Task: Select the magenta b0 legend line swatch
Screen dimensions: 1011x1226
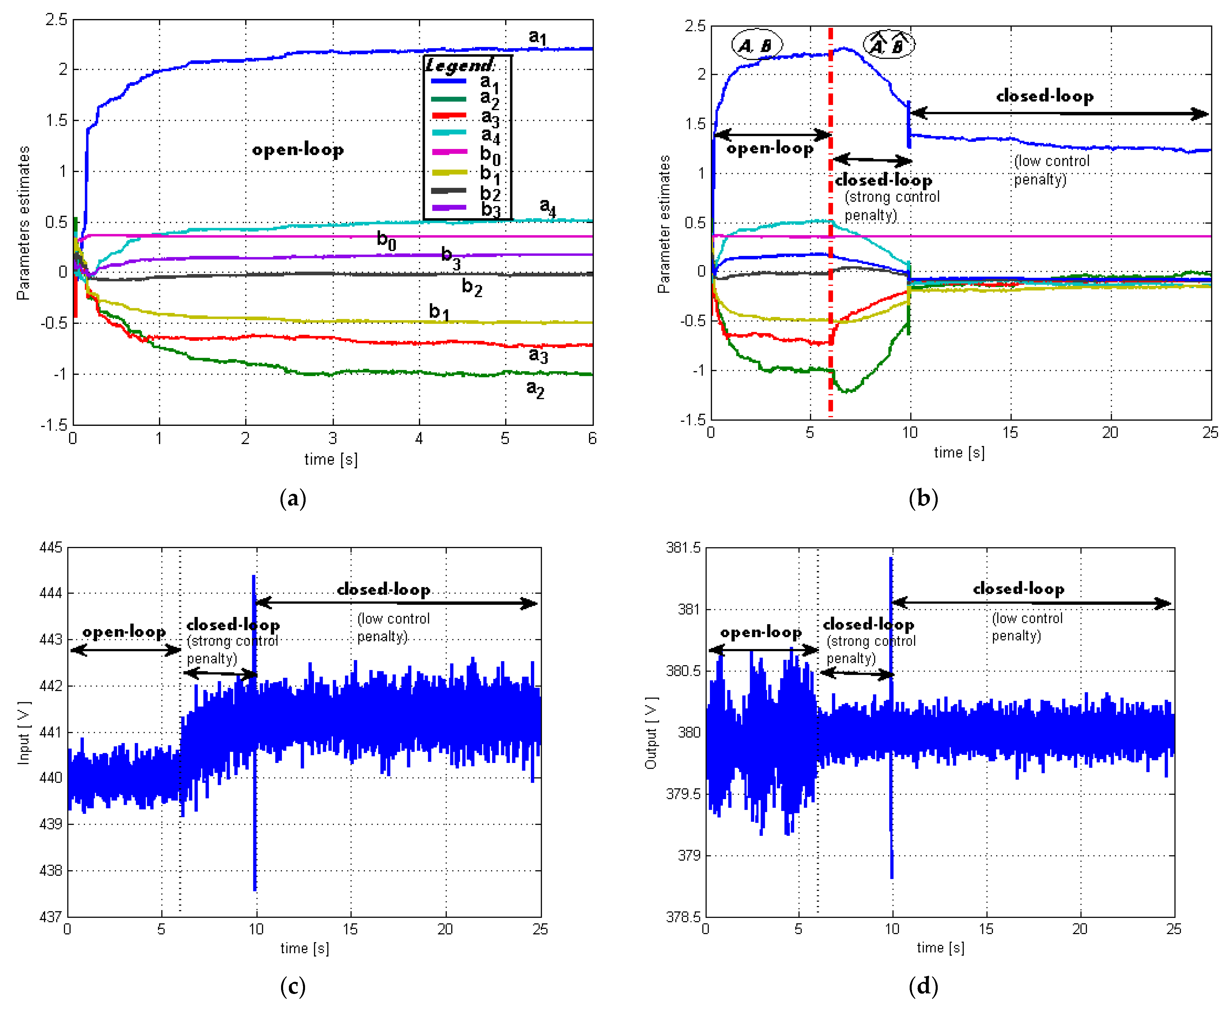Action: click(448, 152)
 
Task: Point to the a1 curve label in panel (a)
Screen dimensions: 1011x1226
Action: click(537, 37)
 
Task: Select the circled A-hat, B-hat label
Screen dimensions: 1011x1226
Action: click(888, 45)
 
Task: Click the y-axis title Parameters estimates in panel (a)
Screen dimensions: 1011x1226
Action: click(23, 223)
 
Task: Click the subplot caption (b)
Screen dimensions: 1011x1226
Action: click(923, 498)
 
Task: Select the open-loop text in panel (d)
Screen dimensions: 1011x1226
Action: click(761, 633)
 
